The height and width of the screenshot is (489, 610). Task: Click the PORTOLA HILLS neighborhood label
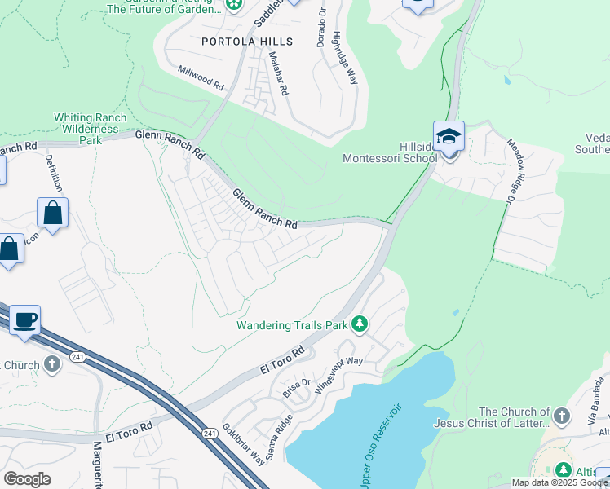click(242, 41)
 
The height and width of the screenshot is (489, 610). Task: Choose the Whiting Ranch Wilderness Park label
click(90, 129)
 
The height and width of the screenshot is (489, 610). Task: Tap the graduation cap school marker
click(449, 136)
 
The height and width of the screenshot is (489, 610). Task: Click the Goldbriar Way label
click(241, 447)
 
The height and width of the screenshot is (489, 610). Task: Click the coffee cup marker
click(24, 319)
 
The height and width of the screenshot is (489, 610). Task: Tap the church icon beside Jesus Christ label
click(560, 417)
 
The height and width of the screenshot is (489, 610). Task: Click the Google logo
click(27, 479)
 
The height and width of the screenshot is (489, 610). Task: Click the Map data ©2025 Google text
click(559, 482)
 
